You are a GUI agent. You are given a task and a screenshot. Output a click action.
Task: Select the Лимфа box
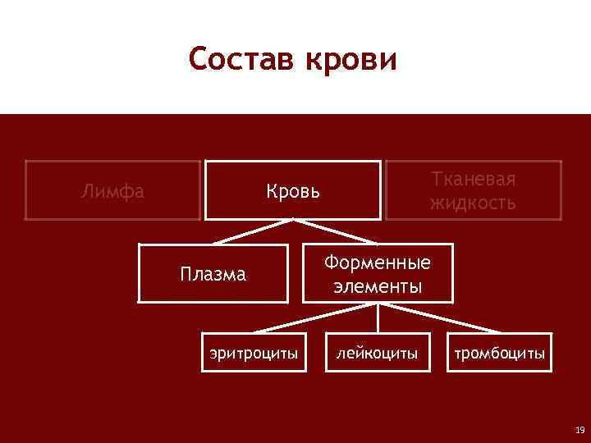pyautogui.click(x=112, y=191)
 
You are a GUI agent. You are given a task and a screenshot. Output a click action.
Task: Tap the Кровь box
pyautogui.click(x=292, y=191)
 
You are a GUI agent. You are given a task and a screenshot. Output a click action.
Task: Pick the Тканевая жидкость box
pyautogui.click(x=473, y=191)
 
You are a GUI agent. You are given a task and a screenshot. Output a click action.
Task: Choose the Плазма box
pyautogui.click(x=213, y=274)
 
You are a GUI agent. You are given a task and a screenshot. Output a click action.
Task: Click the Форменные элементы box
pyautogui.click(x=377, y=274)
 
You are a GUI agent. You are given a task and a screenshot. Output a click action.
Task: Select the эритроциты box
pyautogui.click(x=254, y=354)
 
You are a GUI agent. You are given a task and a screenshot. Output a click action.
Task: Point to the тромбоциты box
pyautogui.click(x=500, y=354)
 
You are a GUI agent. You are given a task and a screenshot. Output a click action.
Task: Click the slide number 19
pyautogui.click(x=580, y=430)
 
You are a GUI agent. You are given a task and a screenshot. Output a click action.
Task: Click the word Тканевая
pyautogui.click(x=473, y=180)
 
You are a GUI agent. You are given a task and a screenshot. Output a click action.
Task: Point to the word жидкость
pyautogui.click(x=473, y=203)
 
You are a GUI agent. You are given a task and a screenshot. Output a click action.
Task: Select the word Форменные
pyautogui.click(x=377, y=263)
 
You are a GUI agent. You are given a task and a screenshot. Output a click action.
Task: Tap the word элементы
pyautogui.click(x=377, y=286)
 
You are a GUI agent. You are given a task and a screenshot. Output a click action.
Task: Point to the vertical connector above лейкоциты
pyautogui.click(x=377, y=318)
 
